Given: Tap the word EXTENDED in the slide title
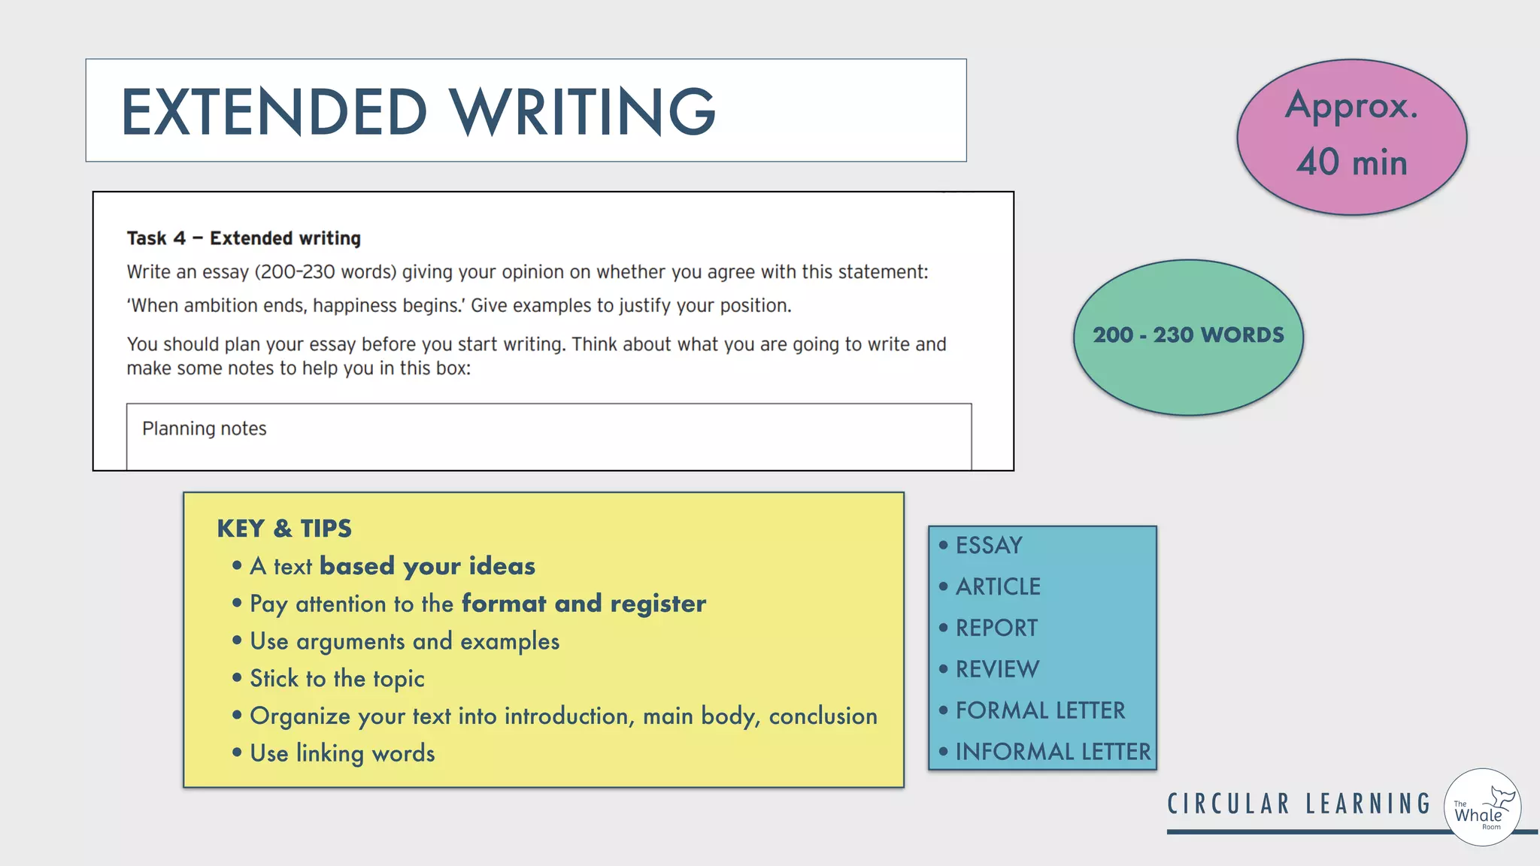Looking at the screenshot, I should pyautogui.click(x=274, y=112).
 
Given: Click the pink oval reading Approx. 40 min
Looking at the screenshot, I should pyautogui.click(x=1351, y=136).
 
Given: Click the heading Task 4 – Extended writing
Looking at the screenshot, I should pyautogui.click(x=244, y=238).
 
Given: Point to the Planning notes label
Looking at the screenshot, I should pyautogui.click(x=205, y=428).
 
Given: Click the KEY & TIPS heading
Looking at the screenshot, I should pyautogui.click(x=284, y=528).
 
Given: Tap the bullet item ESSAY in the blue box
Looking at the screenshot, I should pyautogui.click(x=988, y=545).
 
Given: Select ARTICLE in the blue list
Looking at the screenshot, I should pyautogui.click(x=998, y=586).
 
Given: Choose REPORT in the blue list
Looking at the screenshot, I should pyautogui.click(x=996, y=628).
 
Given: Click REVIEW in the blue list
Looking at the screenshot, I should pyautogui.click(x=997, y=669).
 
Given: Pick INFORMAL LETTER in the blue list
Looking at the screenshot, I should pyautogui.click(x=1053, y=752).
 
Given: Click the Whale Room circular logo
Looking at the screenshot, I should pyautogui.click(x=1482, y=807).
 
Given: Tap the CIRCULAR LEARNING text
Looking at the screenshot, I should pyautogui.click(x=1299, y=804).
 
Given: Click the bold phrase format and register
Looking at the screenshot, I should pyautogui.click(x=584, y=604).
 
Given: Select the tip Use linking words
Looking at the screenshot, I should pyautogui.click(x=342, y=753).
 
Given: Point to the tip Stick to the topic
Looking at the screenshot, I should pyautogui.click(x=337, y=679).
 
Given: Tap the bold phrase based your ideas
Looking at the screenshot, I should pyautogui.click(x=427, y=566).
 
